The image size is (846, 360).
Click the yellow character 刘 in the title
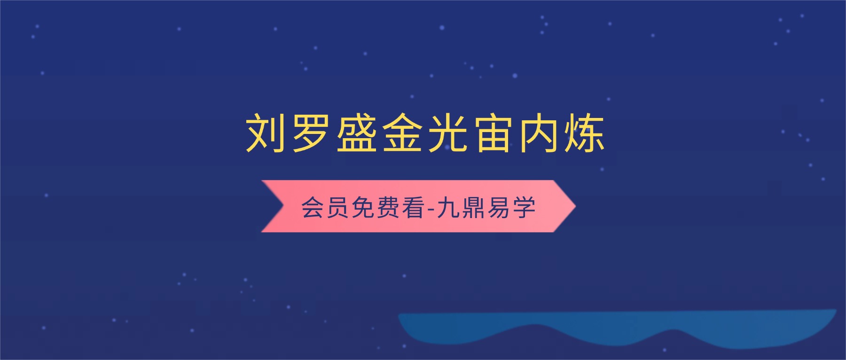[x=266, y=133]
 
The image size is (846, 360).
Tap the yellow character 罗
[x=311, y=133]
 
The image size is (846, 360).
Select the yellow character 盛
[x=356, y=133]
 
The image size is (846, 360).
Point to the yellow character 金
[x=402, y=133]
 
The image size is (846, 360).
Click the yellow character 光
[x=447, y=133]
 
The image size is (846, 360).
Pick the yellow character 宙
[x=493, y=133]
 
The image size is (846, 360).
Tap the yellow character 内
[x=539, y=133]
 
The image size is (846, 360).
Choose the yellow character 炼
[x=584, y=133]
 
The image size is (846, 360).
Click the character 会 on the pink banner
[x=313, y=207]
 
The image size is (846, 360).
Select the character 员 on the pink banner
[x=338, y=207]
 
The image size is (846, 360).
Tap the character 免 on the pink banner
[x=363, y=207]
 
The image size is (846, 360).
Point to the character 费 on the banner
[x=388, y=207]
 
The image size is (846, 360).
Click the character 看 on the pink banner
[x=413, y=207]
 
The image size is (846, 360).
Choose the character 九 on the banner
[x=449, y=207]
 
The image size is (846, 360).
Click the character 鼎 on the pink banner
[x=474, y=207]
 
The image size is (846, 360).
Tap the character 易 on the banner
[x=499, y=207]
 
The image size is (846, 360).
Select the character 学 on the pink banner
[x=524, y=207]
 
